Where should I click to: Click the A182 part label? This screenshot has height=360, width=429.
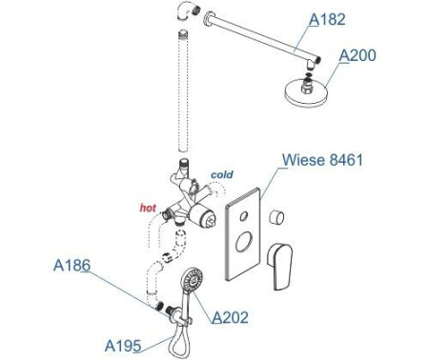coord(327,19)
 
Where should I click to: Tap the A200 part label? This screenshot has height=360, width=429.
coord(357,55)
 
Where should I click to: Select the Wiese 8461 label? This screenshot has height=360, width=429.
coord(322,159)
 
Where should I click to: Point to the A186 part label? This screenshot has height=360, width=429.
coord(71,265)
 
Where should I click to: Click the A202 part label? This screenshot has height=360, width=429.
coord(230,317)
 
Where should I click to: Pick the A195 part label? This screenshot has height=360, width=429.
coord(123,346)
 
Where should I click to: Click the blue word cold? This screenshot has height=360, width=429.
coord(222,174)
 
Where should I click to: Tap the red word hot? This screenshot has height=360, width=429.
coord(148,208)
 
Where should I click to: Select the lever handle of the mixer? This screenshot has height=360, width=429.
coord(280,266)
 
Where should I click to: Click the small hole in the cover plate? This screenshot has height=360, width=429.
coord(244,216)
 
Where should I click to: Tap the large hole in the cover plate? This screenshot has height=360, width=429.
coord(244,242)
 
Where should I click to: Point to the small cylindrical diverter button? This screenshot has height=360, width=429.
coord(276,217)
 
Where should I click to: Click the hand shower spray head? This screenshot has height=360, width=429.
coord(192,279)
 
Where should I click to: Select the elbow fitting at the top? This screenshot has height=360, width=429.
coord(188,10)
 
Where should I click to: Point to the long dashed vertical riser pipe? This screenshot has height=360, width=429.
coord(184,92)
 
